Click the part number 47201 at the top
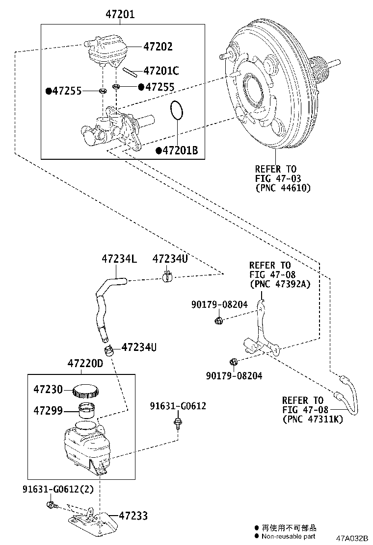[x=120, y=15]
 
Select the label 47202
[x=158, y=47]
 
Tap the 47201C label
[x=161, y=71]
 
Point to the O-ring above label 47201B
[x=177, y=110]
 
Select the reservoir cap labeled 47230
[x=86, y=391]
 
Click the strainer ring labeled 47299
[x=88, y=409]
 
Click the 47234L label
[x=119, y=258]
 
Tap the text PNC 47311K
[x=313, y=419]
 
